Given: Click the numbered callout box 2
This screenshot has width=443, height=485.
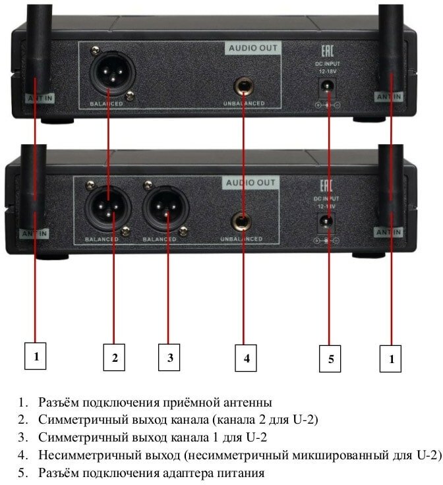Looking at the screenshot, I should pyautogui.click(x=114, y=358).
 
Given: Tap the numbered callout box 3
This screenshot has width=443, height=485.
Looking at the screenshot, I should pyautogui.click(x=169, y=358).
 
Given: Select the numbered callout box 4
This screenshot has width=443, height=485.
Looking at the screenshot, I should pyautogui.click(x=246, y=358).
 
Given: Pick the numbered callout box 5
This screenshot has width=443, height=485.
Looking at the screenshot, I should pyautogui.click(x=330, y=358).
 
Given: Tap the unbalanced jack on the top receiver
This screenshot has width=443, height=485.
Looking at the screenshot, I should pyautogui.click(x=244, y=86).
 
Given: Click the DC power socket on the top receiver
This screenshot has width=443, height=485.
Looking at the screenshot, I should pyautogui.click(x=325, y=86).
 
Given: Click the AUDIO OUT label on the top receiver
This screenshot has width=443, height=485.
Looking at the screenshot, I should pyautogui.click(x=253, y=48).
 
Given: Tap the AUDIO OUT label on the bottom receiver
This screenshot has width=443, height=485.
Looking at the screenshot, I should pyautogui.click(x=253, y=183).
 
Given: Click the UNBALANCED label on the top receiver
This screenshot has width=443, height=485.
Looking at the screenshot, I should pyautogui.click(x=244, y=104).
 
